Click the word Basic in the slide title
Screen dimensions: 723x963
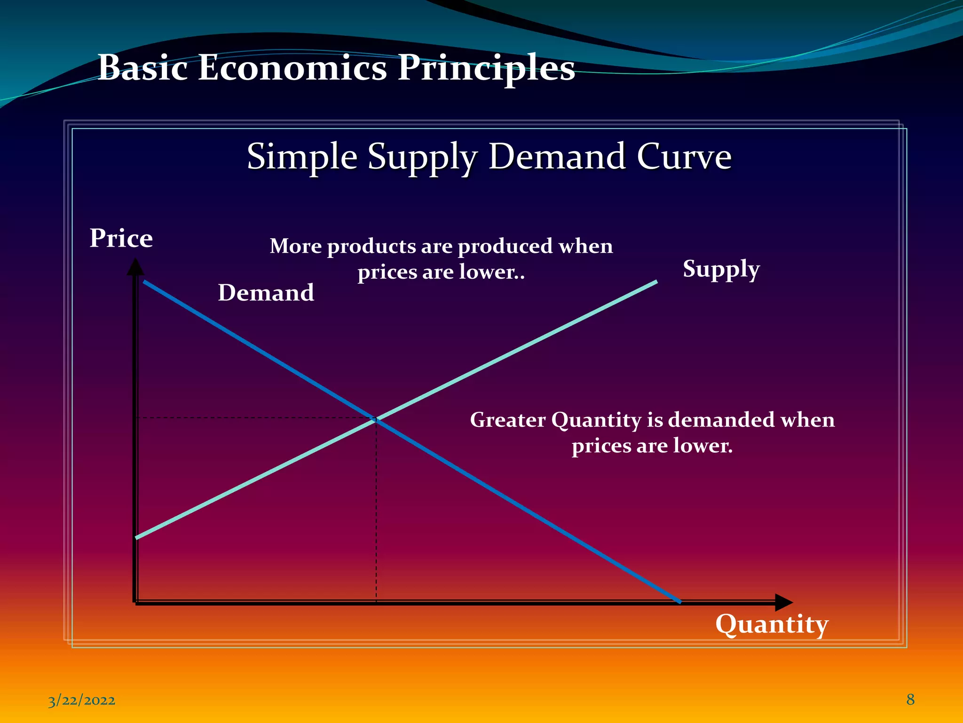[x=142, y=68]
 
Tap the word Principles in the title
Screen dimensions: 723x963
[x=486, y=69]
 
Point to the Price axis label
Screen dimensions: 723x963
[x=121, y=238]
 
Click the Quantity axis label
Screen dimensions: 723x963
[x=772, y=625]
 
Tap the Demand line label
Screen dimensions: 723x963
[x=266, y=293]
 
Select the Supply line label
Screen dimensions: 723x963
[x=721, y=270]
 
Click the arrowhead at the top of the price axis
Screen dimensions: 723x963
[x=135, y=267]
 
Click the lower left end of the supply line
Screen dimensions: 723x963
[x=137, y=537]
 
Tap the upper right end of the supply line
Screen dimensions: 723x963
[x=656, y=282]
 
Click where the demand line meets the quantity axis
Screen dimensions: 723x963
[x=679, y=602]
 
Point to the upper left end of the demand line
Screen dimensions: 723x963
[x=145, y=281]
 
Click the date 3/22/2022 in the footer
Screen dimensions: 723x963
[x=81, y=700]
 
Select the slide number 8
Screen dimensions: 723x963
[x=910, y=699]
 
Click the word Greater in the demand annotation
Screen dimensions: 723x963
[x=508, y=420]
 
